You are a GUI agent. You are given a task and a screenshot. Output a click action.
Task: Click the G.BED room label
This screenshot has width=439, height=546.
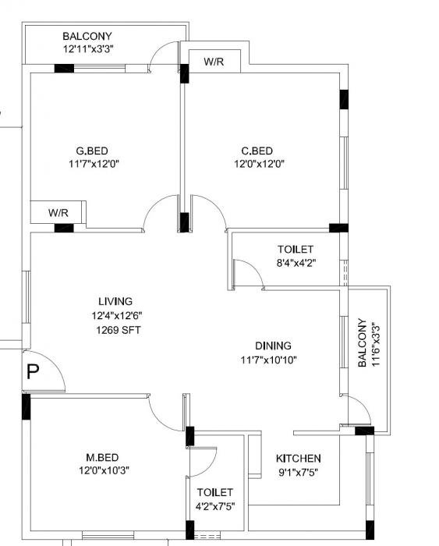(91, 151)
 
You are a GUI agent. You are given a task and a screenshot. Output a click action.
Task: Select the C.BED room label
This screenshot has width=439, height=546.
(257, 151)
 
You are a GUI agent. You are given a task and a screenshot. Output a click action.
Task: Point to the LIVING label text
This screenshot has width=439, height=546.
(115, 301)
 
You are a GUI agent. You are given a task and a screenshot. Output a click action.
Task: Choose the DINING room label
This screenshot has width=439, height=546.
(273, 346)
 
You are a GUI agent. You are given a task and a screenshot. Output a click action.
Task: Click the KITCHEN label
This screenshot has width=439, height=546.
(299, 459)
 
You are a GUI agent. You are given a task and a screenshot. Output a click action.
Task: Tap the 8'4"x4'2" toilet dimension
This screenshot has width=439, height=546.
(296, 263)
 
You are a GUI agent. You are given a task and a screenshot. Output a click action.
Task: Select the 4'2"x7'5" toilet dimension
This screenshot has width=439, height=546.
(215, 506)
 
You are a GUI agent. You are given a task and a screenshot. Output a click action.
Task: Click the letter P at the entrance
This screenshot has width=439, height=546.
(32, 371)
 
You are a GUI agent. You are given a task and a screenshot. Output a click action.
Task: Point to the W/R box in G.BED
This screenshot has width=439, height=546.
(58, 212)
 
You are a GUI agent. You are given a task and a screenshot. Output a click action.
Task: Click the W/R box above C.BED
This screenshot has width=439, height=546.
(214, 62)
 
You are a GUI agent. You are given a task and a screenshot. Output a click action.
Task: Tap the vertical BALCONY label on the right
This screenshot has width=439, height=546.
(362, 342)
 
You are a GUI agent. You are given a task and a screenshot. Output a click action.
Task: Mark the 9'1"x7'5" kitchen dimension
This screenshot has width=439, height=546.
(299, 472)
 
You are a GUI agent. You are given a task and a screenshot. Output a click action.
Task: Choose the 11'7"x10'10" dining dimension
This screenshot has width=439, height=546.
(268, 360)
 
